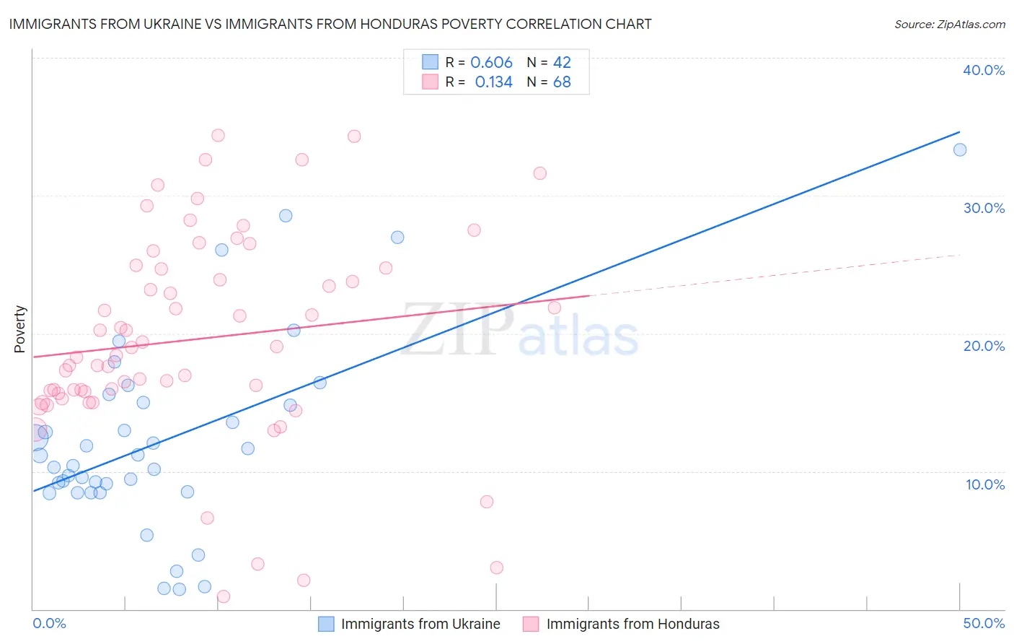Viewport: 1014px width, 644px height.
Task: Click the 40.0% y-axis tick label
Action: tap(984, 70)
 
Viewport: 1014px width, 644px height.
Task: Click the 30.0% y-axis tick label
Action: tap(984, 208)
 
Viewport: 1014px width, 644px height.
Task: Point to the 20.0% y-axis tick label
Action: tap(984, 346)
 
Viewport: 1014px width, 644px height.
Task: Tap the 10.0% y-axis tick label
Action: tap(985, 484)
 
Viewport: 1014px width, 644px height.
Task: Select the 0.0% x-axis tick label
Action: tap(49, 623)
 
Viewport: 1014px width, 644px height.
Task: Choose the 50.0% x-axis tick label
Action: tap(984, 623)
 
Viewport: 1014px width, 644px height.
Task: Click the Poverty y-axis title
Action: tap(19, 329)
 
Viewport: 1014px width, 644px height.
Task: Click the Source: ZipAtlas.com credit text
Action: tap(950, 24)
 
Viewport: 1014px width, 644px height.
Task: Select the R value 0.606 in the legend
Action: tap(491, 62)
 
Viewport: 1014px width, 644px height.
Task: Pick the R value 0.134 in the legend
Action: tap(493, 82)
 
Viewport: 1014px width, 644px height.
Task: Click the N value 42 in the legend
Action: tap(562, 62)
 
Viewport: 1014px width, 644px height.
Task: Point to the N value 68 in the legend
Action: tap(562, 82)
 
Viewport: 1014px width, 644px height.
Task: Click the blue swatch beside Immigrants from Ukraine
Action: tap(326, 624)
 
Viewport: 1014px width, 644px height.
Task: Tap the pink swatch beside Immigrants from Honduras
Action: tap(531, 624)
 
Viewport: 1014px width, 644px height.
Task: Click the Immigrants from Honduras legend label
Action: tap(632, 624)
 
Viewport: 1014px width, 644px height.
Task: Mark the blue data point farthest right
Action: tap(960, 150)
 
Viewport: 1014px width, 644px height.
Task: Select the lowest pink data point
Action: tap(224, 596)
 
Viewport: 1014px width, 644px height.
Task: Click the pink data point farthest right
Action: tap(555, 308)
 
